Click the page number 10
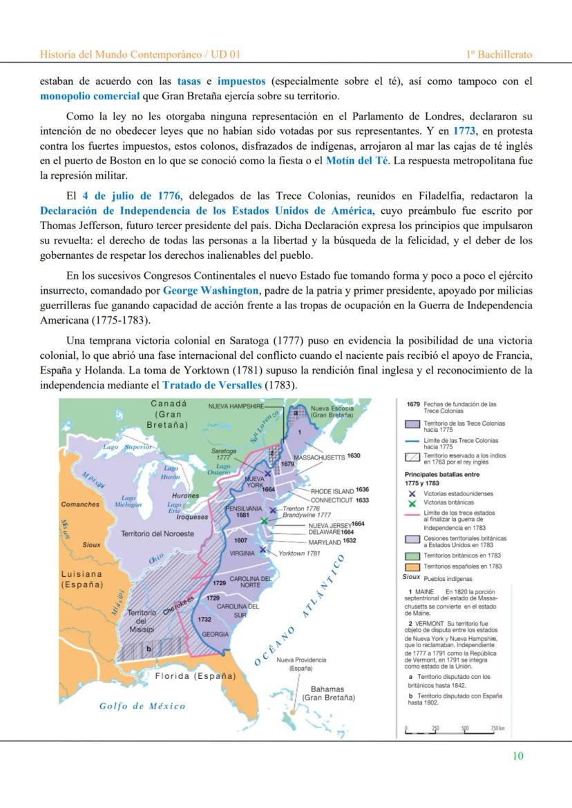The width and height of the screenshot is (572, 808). [x=517, y=756]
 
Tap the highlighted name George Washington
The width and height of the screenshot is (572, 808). [x=211, y=290]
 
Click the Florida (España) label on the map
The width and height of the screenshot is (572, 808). [x=195, y=676]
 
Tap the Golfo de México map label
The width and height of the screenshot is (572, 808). [x=142, y=706]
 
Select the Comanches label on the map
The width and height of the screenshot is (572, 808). [x=80, y=504]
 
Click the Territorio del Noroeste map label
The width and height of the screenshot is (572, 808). [x=158, y=533]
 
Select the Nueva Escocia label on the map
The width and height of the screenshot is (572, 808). [x=332, y=412]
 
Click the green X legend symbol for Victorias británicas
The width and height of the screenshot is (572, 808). [x=412, y=503]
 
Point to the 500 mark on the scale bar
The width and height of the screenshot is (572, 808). [x=465, y=728]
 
